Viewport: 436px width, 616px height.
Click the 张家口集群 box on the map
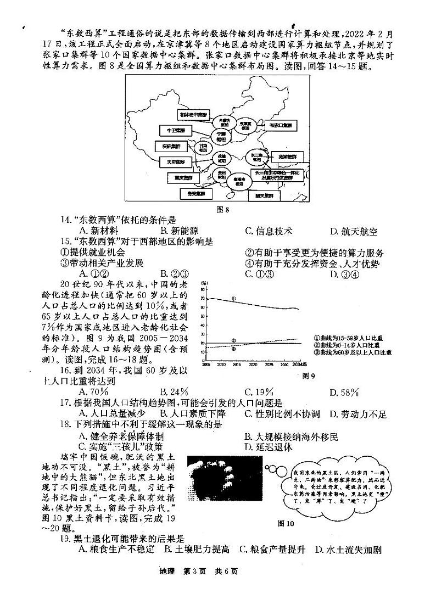coord(279,125)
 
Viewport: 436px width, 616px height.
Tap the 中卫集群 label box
coord(166,131)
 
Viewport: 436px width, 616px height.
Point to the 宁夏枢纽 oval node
coord(221,136)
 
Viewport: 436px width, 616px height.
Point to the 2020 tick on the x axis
coord(253,364)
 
